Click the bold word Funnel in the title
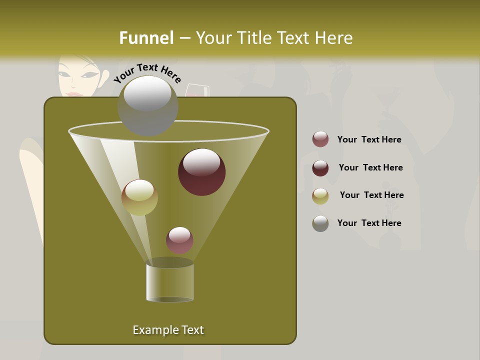146,38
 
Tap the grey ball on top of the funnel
147,105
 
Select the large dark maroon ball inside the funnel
201,172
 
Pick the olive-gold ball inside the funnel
139,197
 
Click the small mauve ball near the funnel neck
179,240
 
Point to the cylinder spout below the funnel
169,282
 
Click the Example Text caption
168,330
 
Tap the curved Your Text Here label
147,73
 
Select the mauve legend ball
320,139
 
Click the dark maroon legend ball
320,168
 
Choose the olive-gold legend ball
320,196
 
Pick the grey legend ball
320,223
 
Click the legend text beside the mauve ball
369,139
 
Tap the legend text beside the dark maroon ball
370,167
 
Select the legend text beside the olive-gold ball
371,195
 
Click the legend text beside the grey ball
369,223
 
